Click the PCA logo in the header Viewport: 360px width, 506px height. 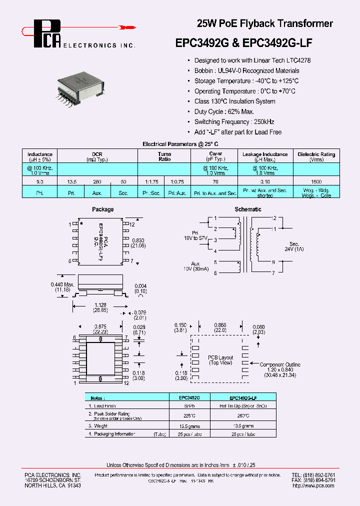point(47,34)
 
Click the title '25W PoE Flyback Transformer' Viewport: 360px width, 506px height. point(264,23)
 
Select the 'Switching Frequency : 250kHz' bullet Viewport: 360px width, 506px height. point(234,122)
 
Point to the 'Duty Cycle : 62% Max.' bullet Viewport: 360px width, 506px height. point(224,111)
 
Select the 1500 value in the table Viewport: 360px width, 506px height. point(316,181)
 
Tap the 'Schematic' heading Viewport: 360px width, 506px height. point(248,209)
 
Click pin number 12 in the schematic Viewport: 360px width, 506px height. point(273,218)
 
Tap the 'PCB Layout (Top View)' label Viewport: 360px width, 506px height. point(220,360)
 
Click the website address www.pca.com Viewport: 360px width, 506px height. point(313,485)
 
